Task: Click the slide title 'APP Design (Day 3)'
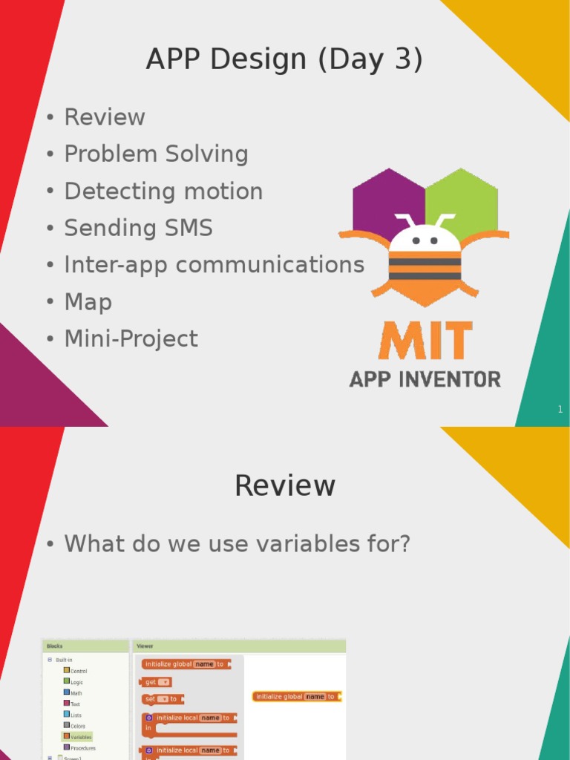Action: (284, 59)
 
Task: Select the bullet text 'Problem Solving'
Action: (156, 154)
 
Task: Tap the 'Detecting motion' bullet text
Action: (163, 191)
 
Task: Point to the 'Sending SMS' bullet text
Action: (138, 229)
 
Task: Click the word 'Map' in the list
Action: (88, 302)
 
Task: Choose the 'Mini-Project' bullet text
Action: (131, 339)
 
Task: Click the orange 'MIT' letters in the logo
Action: (425, 341)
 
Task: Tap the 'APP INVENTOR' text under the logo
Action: (425, 379)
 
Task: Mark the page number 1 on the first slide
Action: (560, 410)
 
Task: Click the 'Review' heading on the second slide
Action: (285, 486)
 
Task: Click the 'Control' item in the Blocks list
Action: (78, 671)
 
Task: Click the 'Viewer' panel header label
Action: (145, 646)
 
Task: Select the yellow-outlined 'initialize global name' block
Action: (296, 697)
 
